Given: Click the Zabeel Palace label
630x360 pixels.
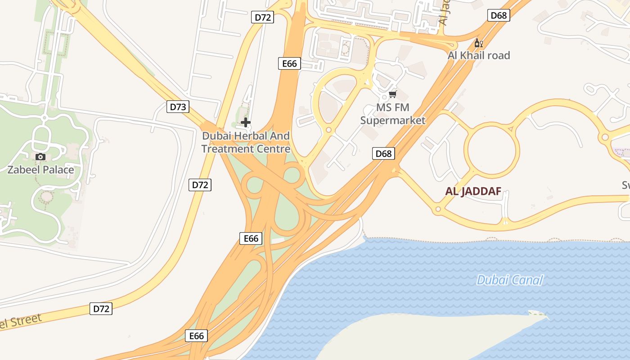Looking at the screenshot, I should [40, 170].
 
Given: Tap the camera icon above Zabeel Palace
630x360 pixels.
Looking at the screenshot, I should [40, 157].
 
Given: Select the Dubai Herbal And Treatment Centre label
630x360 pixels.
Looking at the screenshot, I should [246, 142].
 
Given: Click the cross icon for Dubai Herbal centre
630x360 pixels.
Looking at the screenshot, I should [246, 122].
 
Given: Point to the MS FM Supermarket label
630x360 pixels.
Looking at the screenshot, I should [393, 114].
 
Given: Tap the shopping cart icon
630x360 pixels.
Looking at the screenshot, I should [393, 94].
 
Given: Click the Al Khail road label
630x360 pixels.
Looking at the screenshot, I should [479, 55].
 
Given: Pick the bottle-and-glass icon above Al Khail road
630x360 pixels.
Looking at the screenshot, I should [478, 43].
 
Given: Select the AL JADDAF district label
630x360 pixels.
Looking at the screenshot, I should [473, 191].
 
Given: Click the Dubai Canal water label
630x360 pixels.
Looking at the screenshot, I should [509, 280].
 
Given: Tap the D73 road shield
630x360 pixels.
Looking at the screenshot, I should [178, 107].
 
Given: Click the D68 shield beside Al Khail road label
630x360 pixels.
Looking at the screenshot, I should [499, 15].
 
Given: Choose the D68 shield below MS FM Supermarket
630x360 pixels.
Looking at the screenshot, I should [383, 153].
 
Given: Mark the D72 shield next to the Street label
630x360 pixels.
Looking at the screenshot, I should [101, 309].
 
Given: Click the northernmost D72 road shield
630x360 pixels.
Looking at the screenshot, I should [263, 18].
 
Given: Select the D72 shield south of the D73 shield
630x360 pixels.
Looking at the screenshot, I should [200, 184].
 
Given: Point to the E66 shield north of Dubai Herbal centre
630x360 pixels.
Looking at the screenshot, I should [289, 63].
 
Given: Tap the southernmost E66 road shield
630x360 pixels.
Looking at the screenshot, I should [196, 336].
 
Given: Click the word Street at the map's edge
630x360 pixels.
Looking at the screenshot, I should [25, 322].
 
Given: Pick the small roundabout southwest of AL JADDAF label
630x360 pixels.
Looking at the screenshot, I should [438, 209].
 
